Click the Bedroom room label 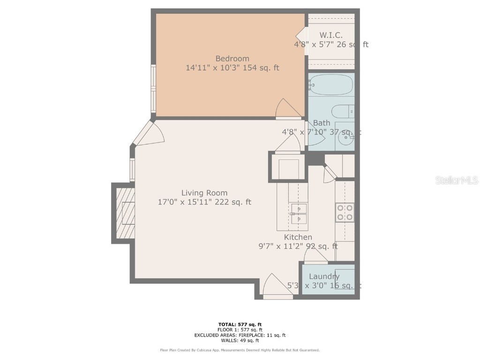232,59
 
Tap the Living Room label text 204,193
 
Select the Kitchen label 298,237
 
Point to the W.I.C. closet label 331,35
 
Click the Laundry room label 324,277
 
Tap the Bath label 322,123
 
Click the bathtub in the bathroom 331,85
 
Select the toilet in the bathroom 342,112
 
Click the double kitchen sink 298,214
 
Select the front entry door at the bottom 277,287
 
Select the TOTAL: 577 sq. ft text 240,324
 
